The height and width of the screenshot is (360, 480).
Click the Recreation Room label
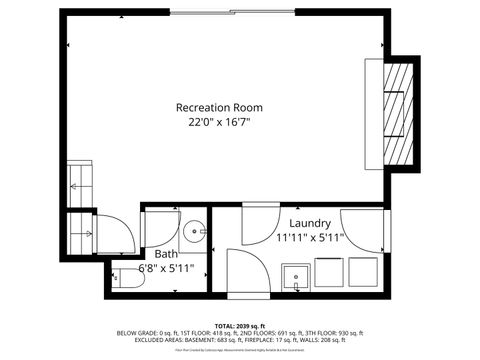[219, 108]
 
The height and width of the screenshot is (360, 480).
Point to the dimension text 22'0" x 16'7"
[219, 122]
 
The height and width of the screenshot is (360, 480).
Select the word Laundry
[310, 223]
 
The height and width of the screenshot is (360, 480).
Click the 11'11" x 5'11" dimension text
[310, 238]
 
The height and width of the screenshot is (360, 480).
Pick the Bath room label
[166, 254]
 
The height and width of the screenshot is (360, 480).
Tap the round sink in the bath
[193, 226]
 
